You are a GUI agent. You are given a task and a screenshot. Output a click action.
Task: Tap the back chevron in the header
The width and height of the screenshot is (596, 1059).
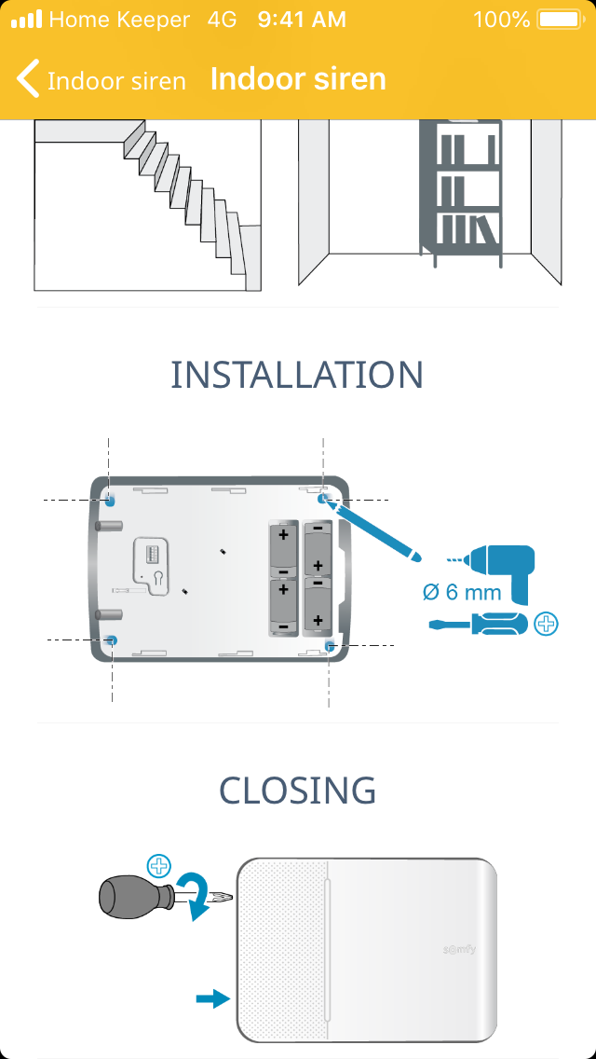[x=28, y=79]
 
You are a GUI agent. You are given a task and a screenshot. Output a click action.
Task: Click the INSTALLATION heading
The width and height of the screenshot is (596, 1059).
[x=297, y=375]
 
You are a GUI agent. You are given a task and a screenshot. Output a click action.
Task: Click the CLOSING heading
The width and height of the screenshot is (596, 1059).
[x=298, y=791]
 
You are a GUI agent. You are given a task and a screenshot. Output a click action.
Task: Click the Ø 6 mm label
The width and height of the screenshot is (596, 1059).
[x=462, y=592]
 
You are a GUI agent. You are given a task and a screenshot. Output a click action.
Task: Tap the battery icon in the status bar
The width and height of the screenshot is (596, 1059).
[x=559, y=19]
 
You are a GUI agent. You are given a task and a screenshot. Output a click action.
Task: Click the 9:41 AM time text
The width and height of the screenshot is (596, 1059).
[x=302, y=19]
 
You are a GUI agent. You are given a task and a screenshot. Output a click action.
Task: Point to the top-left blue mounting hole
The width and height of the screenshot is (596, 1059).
[x=109, y=500]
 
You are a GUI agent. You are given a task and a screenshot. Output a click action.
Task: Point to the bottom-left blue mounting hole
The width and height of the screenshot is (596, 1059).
[x=113, y=640]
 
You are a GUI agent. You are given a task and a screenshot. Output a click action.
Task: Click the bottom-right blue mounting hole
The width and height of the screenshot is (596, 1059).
[x=330, y=645]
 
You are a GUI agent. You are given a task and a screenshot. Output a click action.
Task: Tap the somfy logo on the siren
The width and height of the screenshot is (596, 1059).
[x=462, y=948]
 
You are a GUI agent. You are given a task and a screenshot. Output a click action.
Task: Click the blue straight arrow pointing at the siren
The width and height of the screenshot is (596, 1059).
[x=212, y=998]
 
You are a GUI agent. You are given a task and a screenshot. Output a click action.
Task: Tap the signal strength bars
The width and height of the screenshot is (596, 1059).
[x=26, y=19]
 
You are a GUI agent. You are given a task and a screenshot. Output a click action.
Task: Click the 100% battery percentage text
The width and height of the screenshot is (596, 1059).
[x=501, y=19]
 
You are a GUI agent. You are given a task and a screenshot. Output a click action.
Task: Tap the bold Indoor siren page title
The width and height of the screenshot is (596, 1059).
[x=298, y=79]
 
